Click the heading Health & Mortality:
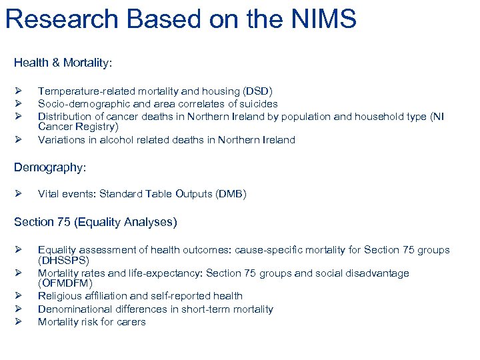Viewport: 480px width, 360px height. [63, 63]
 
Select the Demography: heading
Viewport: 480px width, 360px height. [50, 168]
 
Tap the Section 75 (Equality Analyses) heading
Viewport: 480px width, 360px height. [95, 222]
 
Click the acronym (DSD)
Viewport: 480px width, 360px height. [257, 91]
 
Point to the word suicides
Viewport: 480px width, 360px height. [256, 103]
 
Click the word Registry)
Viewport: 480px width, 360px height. [99, 126]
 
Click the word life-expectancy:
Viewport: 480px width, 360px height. [165, 273]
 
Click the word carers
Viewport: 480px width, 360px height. [131, 321]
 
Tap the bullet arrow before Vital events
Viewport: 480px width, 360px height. [19, 194]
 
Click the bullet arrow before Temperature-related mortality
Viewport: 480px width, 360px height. [19, 91]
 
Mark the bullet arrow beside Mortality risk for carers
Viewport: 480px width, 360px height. [19, 321]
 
